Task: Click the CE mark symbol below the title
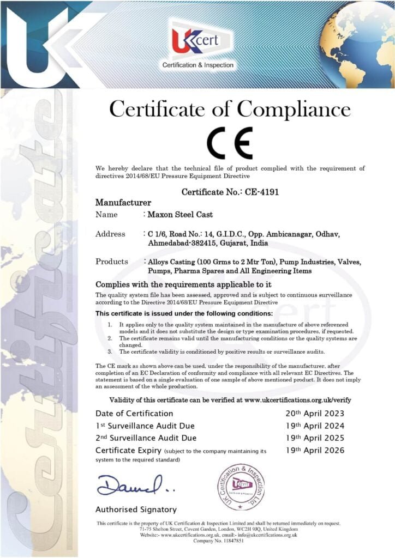(229, 143)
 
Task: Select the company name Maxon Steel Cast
(181, 214)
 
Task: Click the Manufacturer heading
(123, 202)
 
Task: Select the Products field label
(112, 262)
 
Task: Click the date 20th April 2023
(315, 413)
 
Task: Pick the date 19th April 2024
(315, 426)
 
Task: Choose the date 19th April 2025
(315, 438)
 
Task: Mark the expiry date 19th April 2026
(315, 451)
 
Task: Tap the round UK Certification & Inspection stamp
(240, 486)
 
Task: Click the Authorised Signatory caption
(136, 510)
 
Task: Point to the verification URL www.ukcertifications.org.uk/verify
(298, 400)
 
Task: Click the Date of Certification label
(134, 413)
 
